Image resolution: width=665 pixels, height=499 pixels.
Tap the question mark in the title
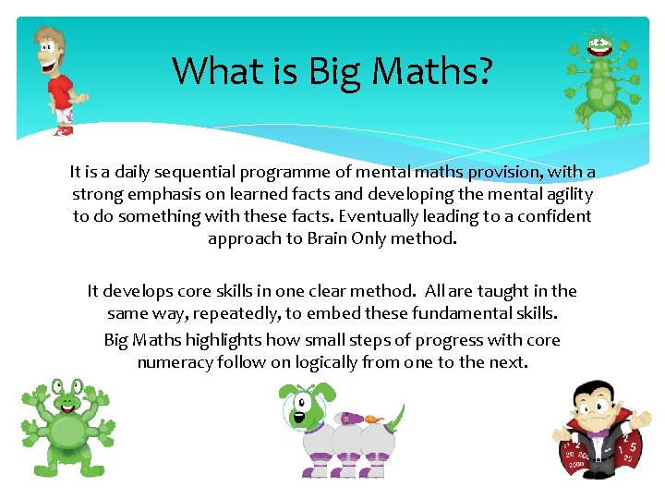click(x=482, y=71)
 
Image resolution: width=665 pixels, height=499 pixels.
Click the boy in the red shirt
click(x=57, y=80)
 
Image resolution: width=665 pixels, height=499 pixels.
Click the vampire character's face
click(x=592, y=404)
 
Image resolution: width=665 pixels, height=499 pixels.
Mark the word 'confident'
click(x=550, y=216)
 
